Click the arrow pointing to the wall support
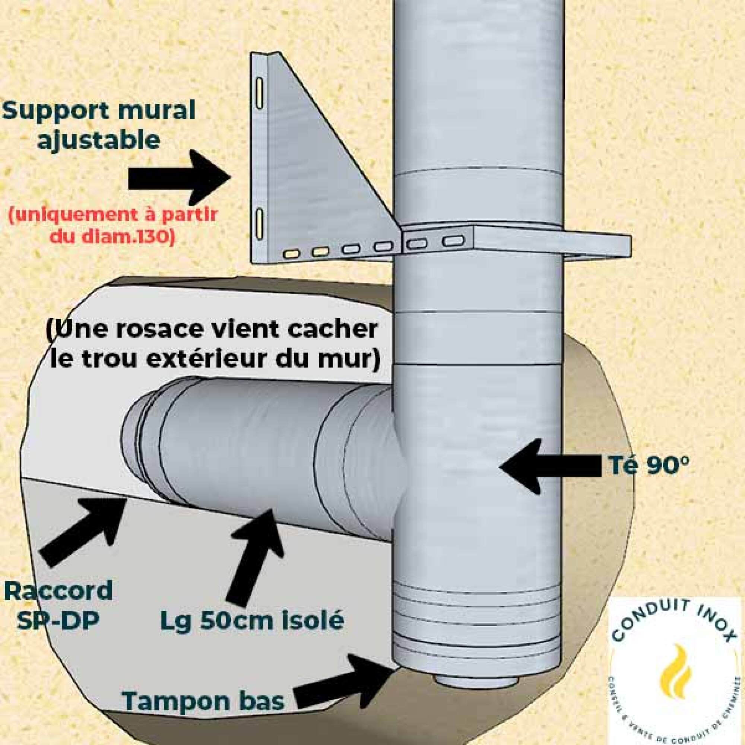pos(179,178)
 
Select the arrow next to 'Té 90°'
pos(549,467)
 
